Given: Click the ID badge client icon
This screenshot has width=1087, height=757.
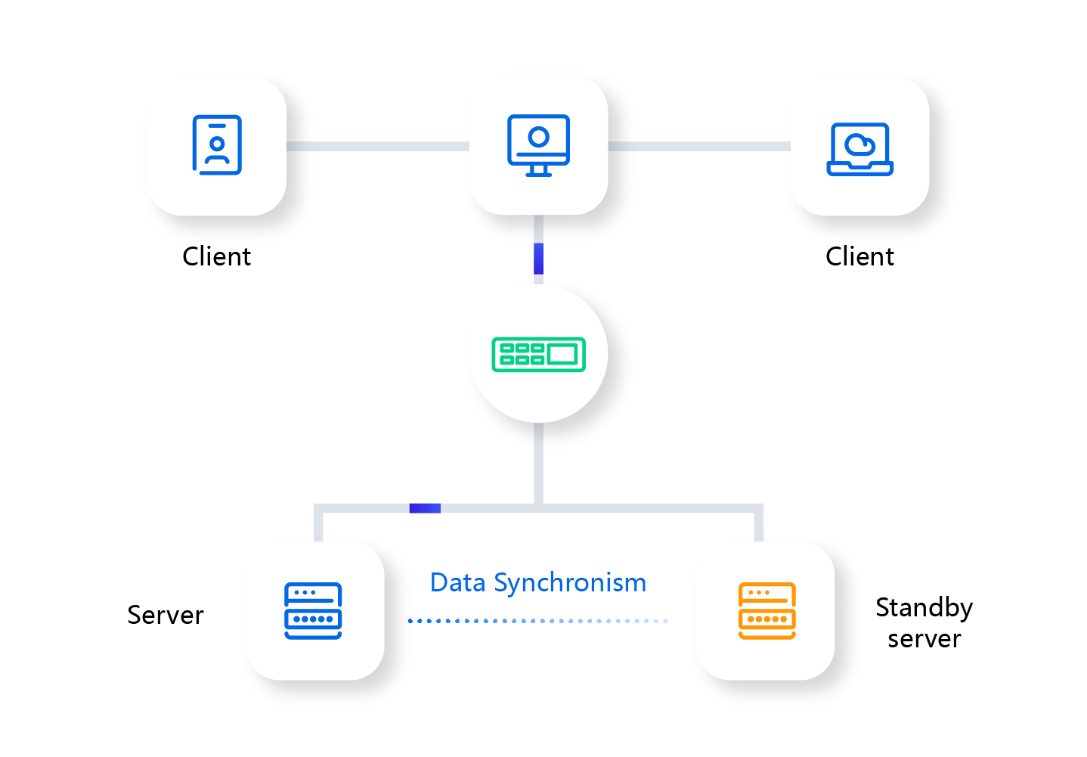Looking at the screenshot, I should (217, 144).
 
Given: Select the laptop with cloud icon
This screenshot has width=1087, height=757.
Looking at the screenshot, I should (859, 149).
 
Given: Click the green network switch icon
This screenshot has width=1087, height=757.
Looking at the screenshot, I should (538, 354).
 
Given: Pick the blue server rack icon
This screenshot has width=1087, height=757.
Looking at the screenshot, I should (313, 610).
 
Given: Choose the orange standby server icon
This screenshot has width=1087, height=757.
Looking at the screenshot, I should (766, 610).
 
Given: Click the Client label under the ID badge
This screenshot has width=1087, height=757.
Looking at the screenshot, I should (216, 257).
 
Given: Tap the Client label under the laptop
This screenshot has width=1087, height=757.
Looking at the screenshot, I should (859, 257).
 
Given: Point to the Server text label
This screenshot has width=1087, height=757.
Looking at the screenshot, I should (166, 616).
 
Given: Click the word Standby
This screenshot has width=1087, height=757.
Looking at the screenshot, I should (924, 608).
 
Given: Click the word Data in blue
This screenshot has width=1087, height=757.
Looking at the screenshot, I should (457, 583).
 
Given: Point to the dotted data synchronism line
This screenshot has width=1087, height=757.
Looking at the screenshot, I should (537, 621).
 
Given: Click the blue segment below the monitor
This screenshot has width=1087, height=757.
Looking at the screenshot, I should (538, 259).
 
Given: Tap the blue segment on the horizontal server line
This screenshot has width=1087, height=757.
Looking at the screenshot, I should (425, 508).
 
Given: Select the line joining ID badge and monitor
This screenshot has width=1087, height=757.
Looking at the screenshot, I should (376, 146).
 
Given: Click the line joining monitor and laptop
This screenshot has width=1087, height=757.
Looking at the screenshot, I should (698, 146).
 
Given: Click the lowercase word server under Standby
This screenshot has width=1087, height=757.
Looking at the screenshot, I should (924, 639).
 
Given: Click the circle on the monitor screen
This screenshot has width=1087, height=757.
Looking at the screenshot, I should (538, 137).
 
